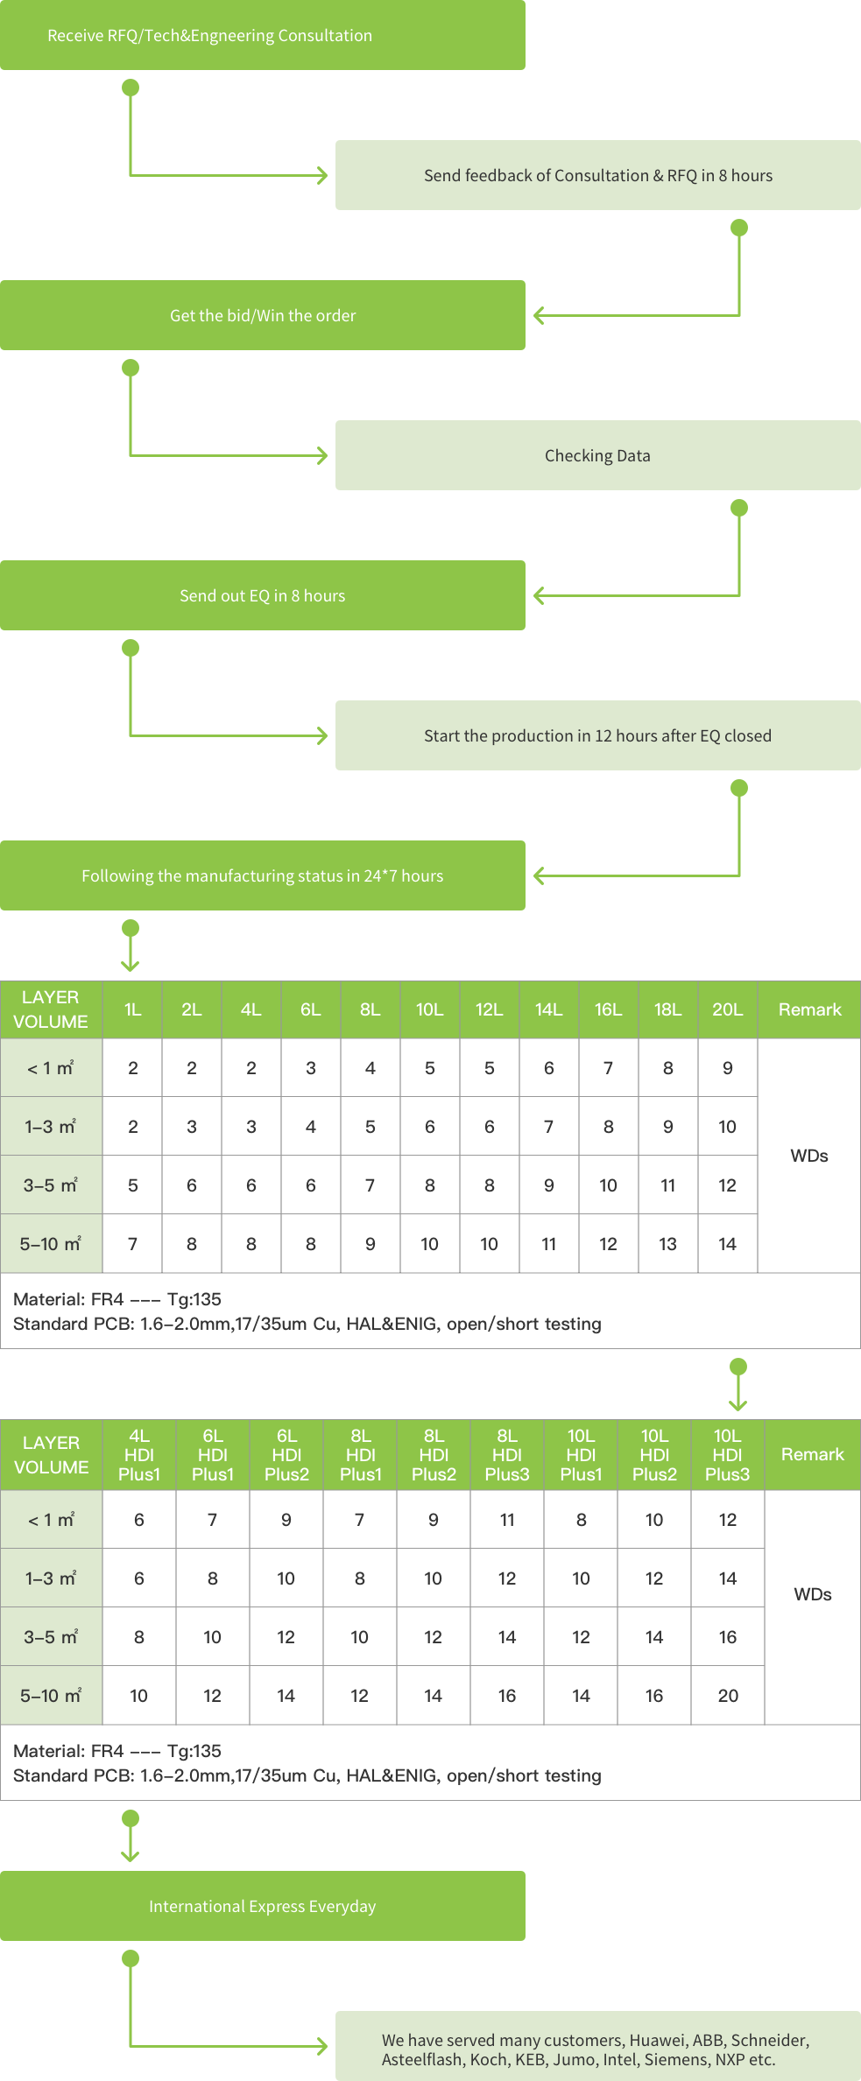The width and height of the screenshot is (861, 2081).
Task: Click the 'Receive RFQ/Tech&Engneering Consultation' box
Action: coord(262,35)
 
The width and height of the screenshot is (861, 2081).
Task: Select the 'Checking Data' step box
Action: coord(597,455)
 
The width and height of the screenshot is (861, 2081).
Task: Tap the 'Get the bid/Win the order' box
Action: coord(262,315)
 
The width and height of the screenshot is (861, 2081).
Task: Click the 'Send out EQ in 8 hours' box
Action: coord(262,595)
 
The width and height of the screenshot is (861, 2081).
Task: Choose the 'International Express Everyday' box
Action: coord(262,1906)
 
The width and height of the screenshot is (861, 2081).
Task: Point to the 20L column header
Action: coord(727,1009)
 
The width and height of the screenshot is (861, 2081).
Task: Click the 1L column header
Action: coord(132,1009)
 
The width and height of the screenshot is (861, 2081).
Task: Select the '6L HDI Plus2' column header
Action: coord(286,1455)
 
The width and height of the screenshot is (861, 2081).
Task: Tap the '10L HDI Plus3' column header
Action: coord(727,1455)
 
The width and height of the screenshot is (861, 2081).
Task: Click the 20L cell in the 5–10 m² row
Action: coord(727,1243)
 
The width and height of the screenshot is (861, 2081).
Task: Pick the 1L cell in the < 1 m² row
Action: coord(132,1067)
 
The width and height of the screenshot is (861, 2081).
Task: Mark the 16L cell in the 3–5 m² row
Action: coord(608,1185)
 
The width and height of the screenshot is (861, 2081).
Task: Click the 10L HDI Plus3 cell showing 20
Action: coord(727,1696)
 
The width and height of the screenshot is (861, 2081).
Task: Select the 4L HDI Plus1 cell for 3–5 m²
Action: coord(139,1637)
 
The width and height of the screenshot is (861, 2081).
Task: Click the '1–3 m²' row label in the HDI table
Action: coord(51,1578)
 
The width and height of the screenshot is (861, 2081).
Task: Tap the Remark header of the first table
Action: coord(809,1009)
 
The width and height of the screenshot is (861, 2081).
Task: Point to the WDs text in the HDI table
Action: coord(812,1594)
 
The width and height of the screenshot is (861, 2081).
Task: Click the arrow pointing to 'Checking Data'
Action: coord(321,455)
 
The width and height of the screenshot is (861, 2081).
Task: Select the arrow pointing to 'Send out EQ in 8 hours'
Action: coord(540,595)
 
